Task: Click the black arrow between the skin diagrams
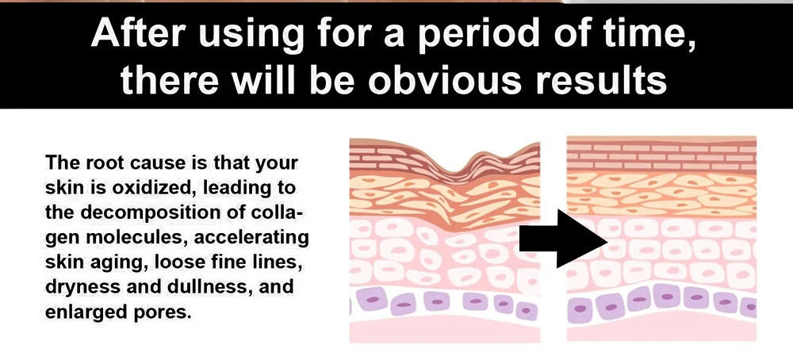coord(563,239)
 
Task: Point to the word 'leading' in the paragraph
coord(228,189)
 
